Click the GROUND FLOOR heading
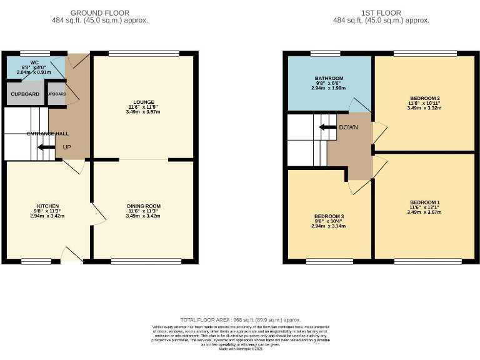coord(100,12)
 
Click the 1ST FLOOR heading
coord(381,12)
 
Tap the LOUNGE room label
coord(144,101)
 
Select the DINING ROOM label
coord(144,206)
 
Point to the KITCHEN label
coord(47,206)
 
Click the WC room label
coord(26,62)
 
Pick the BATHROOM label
coord(329,78)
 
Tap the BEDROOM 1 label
coord(424,202)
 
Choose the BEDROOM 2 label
coord(424,98)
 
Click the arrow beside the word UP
coord(44,147)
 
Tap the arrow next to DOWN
coord(326,127)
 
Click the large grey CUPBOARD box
coord(25,94)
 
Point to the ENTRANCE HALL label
coord(47,133)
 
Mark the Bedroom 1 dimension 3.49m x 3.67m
coord(424,212)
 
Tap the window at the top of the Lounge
coord(144,53)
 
